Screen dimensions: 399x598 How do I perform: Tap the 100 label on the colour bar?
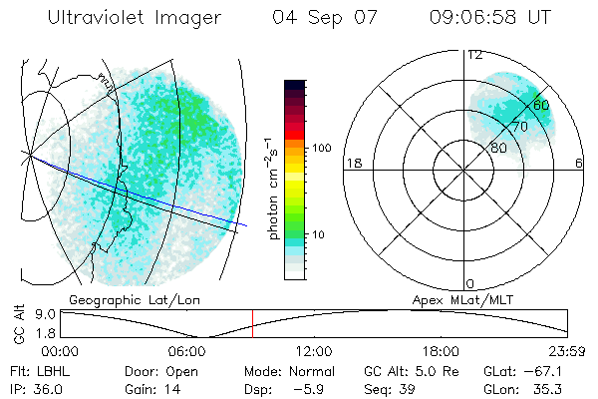point(321,148)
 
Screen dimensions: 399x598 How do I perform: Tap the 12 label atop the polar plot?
point(475,56)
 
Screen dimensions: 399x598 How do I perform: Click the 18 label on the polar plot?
point(352,163)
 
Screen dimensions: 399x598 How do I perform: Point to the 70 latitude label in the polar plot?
point(519,127)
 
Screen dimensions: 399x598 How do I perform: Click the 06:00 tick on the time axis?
point(187,350)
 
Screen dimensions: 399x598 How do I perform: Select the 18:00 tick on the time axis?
point(441,350)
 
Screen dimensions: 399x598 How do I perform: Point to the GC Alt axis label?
point(19,327)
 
